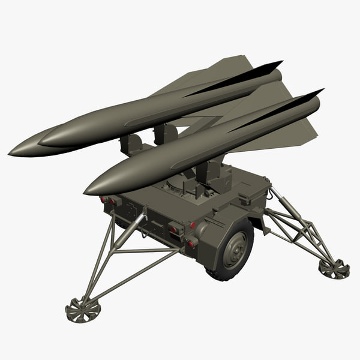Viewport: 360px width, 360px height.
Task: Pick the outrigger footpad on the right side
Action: pyautogui.click(x=334, y=268)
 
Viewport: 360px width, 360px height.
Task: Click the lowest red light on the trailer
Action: pyautogui.click(x=191, y=244)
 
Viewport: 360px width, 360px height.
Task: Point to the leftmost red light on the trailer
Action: pyautogui.click(x=103, y=199)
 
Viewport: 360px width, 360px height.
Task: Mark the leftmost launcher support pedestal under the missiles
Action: pyautogui.click(x=131, y=144)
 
